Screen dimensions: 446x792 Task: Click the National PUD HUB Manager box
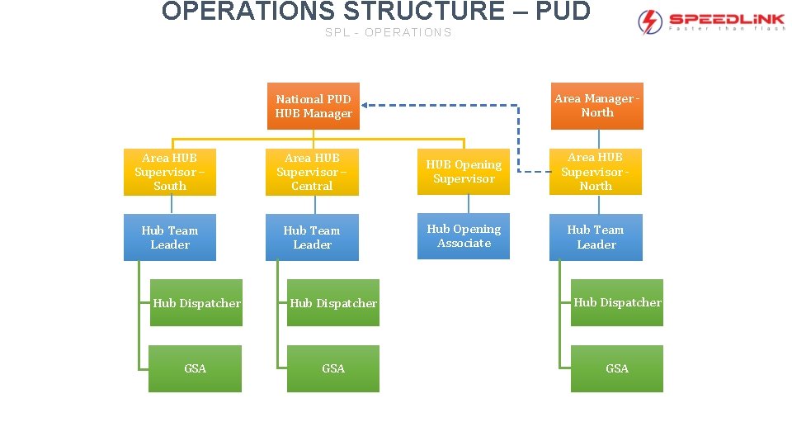click(313, 107)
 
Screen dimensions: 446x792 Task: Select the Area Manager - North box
click(596, 106)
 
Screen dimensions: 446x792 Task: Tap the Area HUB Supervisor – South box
click(170, 172)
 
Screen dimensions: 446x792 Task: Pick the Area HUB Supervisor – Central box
click(312, 172)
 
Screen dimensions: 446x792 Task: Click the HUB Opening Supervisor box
click(464, 172)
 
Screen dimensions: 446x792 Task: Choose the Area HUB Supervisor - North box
click(596, 172)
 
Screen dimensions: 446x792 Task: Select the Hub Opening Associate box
click(464, 236)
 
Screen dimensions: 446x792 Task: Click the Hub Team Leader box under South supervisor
click(170, 238)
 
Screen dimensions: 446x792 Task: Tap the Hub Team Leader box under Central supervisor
click(312, 238)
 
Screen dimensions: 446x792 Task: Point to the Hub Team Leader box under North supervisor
click(596, 238)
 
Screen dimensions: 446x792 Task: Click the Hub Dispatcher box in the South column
click(196, 303)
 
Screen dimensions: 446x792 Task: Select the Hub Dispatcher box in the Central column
click(333, 303)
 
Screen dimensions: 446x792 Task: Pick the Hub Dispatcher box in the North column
click(617, 303)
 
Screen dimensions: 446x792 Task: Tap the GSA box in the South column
click(196, 368)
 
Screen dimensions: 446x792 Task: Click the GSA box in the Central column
click(333, 368)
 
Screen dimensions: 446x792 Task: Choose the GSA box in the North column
click(617, 368)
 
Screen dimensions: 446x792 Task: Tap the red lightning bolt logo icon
click(651, 21)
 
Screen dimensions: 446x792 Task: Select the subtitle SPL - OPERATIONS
click(388, 33)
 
